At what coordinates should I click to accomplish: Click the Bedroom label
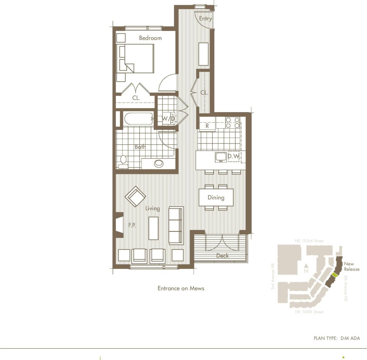point(150,38)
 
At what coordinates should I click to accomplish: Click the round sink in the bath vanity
point(159,163)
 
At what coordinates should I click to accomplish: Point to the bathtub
point(138,119)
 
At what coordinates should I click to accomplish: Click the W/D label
point(168,119)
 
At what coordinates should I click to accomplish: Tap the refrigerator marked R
point(207,126)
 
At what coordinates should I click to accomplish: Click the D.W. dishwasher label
point(233,156)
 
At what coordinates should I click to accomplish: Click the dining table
point(216,198)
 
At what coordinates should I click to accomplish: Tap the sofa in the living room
point(176,225)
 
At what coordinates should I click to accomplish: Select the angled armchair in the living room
point(135,197)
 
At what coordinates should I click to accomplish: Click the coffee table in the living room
point(153,228)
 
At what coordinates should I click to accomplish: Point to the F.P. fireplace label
point(132,225)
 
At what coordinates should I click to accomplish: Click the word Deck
point(222,256)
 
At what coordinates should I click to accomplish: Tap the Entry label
point(205,19)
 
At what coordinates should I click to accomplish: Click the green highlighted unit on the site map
point(334,275)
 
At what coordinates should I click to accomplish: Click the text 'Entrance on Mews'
point(181,288)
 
